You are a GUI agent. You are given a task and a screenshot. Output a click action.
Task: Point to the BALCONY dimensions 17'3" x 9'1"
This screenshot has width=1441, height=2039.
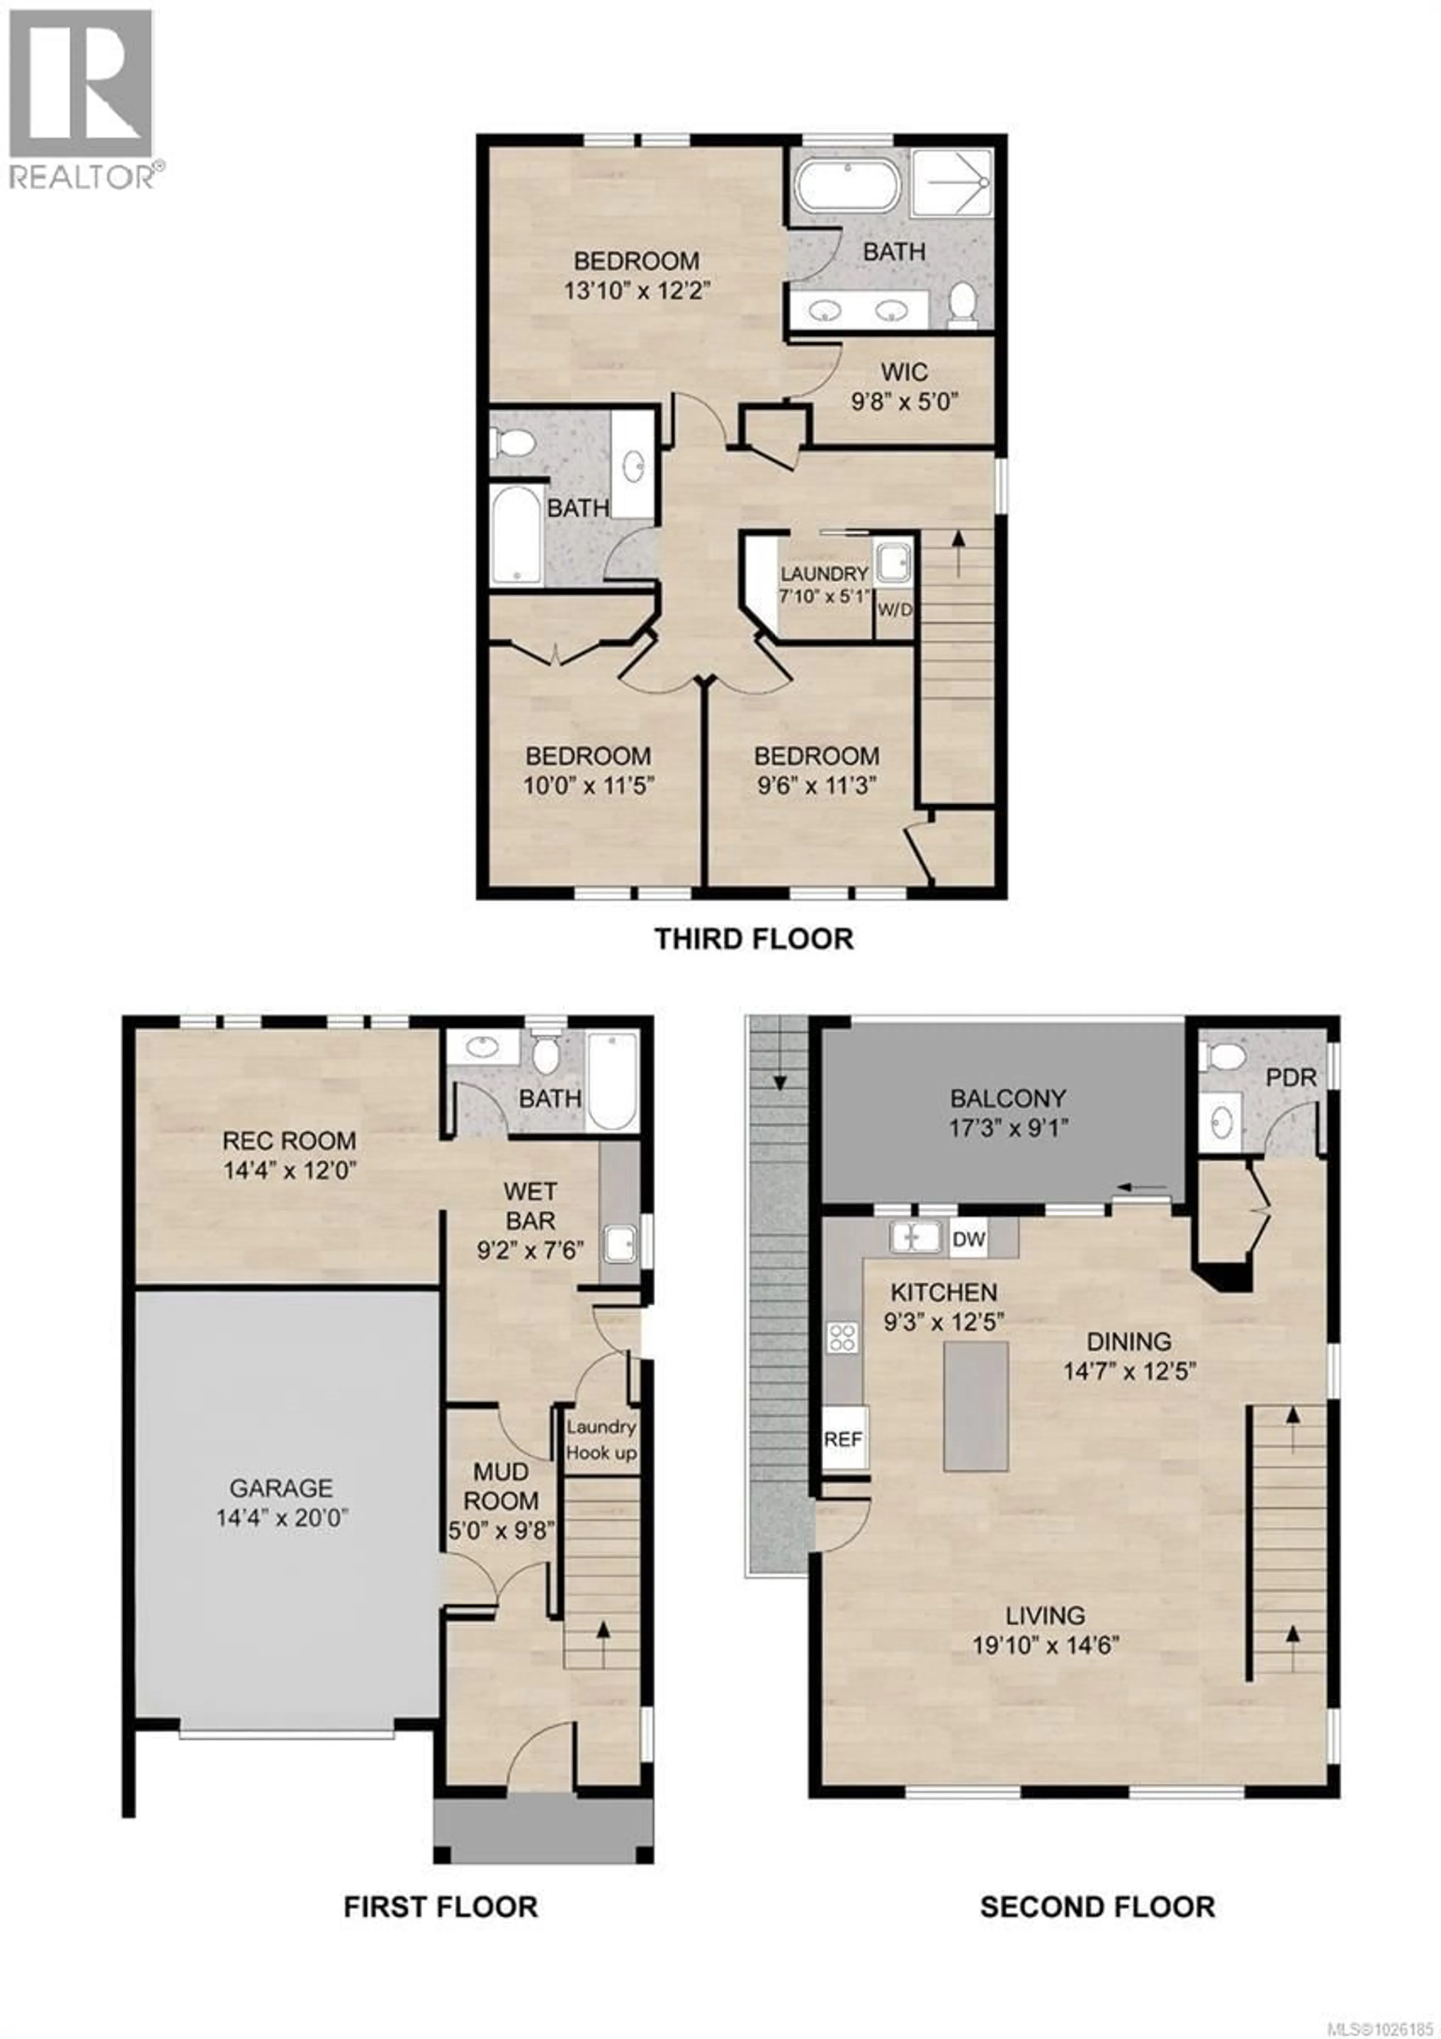coord(1006,1128)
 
